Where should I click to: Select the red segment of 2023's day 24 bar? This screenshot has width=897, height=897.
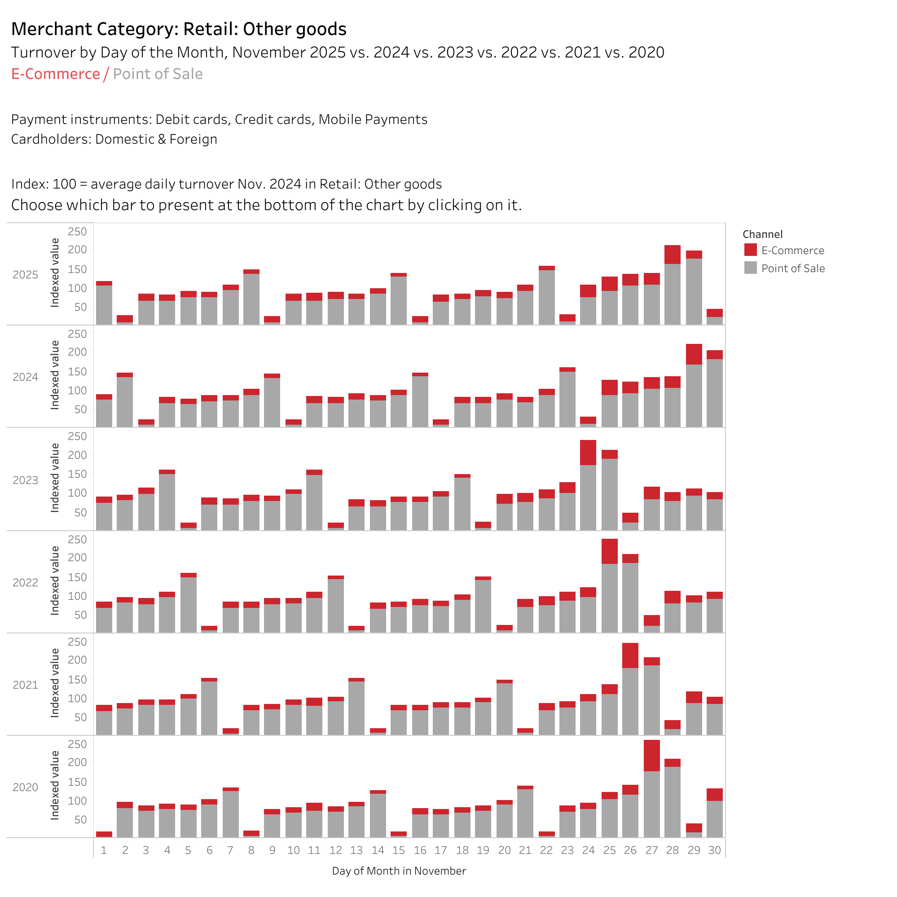pos(588,452)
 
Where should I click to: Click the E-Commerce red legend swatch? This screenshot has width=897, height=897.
pos(750,250)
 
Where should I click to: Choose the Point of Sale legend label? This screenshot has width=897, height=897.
pos(792,268)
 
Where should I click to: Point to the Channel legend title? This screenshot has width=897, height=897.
pos(762,234)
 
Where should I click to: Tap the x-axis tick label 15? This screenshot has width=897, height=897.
pos(398,850)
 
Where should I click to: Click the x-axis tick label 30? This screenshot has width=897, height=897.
pos(715,850)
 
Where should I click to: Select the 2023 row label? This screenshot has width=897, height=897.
pos(25,480)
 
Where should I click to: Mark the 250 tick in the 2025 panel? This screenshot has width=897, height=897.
pos(78,231)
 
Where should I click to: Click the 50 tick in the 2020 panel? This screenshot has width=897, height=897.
pos(80,819)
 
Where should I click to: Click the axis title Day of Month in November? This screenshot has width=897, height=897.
pos(399,871)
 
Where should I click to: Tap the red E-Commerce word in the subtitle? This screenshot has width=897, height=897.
pos(55,74)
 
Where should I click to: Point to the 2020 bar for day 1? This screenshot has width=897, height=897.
pos(104,834)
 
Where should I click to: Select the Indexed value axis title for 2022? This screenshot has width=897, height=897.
pos(55,580)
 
